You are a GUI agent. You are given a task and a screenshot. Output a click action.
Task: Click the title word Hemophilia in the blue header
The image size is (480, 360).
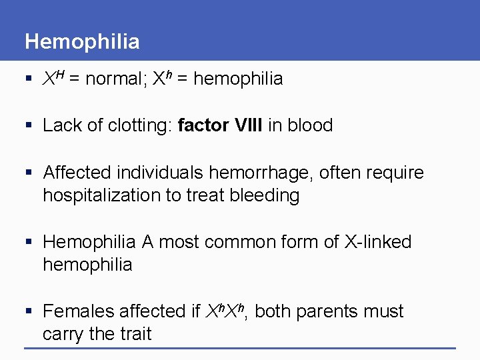[x=82, y=42]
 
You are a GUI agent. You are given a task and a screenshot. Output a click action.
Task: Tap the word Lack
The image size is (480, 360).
[x=61, y=125]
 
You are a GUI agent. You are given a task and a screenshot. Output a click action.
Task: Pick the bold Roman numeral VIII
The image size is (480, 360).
[x=249, y=125]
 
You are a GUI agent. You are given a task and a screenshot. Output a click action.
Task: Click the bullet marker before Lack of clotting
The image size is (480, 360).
[x=29, y=126]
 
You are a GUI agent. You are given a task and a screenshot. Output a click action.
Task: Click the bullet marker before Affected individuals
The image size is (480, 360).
[x=29, y=173]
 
